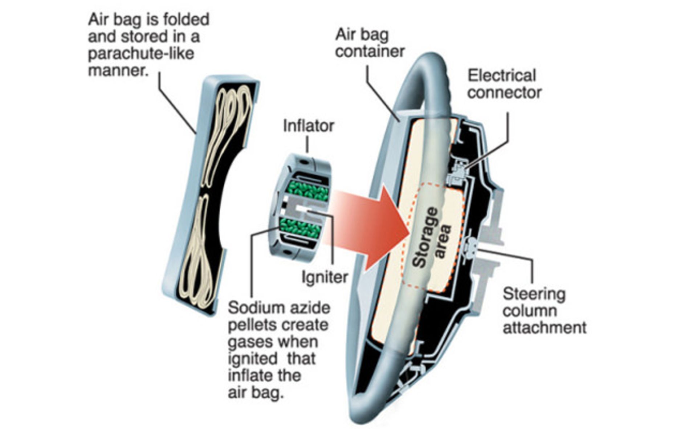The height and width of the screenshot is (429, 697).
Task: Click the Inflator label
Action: click(x=308, y=126)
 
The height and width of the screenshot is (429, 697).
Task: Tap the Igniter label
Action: click(x=325, y=277)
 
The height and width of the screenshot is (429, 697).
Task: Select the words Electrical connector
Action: click(x=504, y=84)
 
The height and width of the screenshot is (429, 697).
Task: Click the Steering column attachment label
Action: click(x=543, y=311)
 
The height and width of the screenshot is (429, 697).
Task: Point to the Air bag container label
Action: click(x=370, y=43)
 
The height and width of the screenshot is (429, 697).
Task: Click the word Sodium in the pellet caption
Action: click(x=251, y=308)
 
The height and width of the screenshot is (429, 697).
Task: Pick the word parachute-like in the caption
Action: click(x=141, y=54)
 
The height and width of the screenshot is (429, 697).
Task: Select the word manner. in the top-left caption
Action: click(x=118, y=70)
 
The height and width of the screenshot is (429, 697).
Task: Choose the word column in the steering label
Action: click(x=530, y=311)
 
